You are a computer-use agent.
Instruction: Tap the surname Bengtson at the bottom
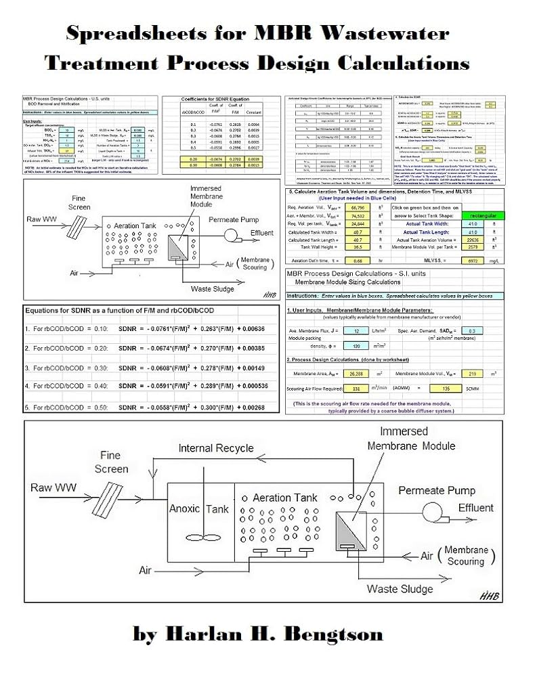[329, 634]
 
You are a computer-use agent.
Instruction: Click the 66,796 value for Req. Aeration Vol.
[358, 206]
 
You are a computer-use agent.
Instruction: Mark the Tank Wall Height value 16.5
[358, 248]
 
